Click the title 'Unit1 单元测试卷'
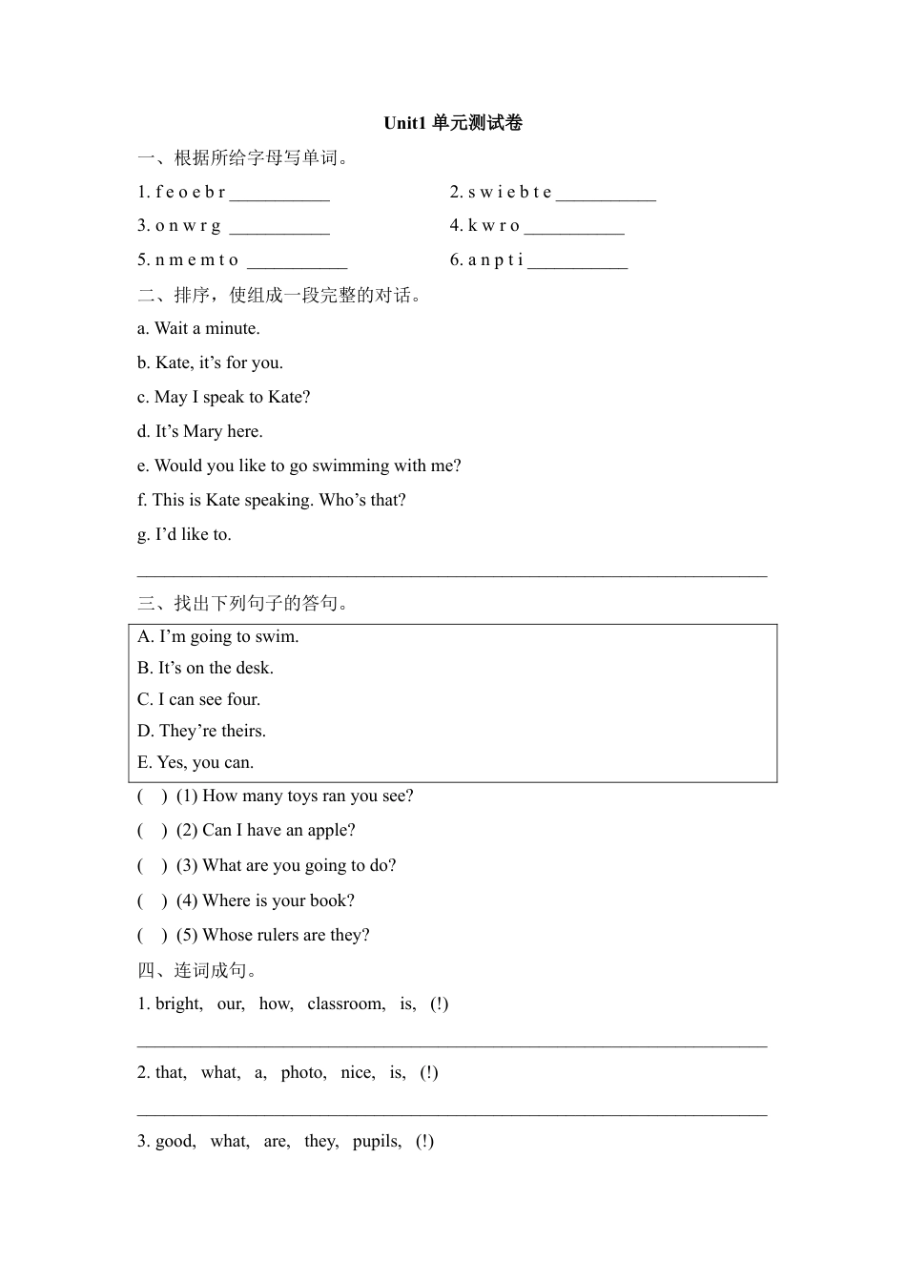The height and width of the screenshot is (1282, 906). coord(453,123)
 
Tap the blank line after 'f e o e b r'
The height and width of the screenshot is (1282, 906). coord(279,195)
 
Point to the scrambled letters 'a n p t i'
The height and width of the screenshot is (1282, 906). coord(495,260)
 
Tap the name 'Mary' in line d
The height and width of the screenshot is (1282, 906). coord(202,432)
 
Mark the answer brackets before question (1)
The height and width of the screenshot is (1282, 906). coord(152,796)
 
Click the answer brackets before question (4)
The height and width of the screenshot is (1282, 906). coord(152,901)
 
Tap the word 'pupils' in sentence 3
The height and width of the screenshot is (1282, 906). coord(377,1142)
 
